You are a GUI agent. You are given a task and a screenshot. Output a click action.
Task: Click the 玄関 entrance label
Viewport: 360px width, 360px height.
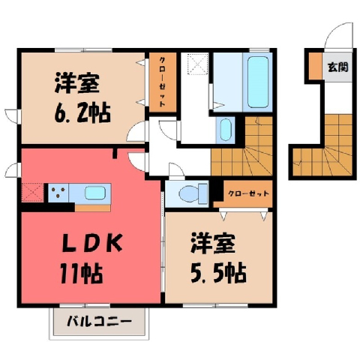click(x=337, y=67)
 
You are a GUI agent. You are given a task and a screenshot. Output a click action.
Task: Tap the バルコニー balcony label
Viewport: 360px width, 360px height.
click(x=99, y=322)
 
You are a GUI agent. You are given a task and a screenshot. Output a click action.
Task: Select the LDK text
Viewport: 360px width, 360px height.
click(x=91, y=243)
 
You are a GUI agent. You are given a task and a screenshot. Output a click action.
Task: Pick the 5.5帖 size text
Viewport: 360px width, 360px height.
click(x=218, y=273)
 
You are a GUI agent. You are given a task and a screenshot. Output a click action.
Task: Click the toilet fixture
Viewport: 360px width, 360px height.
click(x=193, y=193)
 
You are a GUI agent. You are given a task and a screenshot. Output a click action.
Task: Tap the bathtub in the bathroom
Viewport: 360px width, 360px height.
click(x=257, y=82)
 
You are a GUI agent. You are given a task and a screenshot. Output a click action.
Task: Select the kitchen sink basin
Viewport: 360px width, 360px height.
click(x=95, y=193)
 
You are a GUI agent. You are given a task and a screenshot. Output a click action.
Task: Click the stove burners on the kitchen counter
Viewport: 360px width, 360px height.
click(x=58, y=193)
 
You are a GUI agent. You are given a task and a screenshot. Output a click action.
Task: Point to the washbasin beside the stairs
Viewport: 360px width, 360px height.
click(x=226, y=130)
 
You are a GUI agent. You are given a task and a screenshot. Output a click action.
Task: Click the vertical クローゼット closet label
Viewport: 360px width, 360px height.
click(x=162, y=82)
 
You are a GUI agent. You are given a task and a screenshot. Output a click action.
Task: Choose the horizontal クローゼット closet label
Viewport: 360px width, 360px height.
click(x=248, y=193)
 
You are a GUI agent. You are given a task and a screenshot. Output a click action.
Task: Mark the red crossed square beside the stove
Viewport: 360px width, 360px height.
click(x=33, y=193)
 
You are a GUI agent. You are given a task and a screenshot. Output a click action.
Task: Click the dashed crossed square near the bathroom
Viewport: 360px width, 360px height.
click(x=198, y=64)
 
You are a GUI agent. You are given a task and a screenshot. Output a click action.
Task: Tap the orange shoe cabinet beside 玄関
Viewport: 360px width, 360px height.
click(x=316, y=66)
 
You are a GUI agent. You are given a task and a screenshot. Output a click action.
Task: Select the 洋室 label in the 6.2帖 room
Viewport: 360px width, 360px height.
click(x=76, y=83)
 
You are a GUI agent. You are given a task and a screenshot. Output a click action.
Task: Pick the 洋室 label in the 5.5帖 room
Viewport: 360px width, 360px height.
click(x=213, y=243)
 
